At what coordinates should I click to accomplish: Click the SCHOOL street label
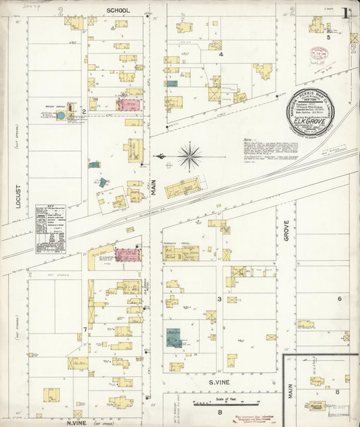point(119,11)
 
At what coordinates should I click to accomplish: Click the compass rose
point(190,157)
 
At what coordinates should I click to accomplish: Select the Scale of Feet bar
point(218,405)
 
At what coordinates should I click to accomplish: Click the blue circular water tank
point(61,116)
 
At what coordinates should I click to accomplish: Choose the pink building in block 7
point(127,255)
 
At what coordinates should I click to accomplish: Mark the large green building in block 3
point(174,337)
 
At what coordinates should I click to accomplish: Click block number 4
point(220,54)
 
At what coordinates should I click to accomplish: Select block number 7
point(84,329)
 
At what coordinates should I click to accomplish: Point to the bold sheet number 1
point(346,14)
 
